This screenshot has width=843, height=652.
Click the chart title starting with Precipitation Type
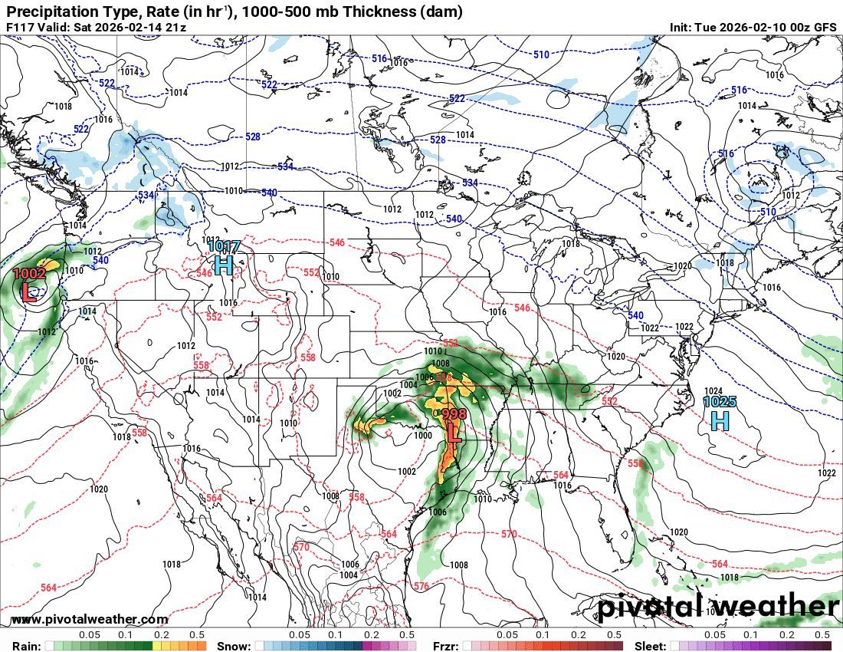(234, 12)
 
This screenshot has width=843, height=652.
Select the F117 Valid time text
(96, 28)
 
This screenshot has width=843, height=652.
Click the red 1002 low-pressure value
(29, 273)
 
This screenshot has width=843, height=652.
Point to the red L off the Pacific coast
(29, 292)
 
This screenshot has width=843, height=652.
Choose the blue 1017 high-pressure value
(225, 246)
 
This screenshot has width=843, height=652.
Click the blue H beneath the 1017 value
(224, 265)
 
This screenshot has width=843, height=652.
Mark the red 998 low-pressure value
(454, 414)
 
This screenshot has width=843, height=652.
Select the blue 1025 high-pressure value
(720, 401)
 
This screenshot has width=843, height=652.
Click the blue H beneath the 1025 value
(720, 420)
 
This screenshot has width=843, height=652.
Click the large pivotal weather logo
(719, 608)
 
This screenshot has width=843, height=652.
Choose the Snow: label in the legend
(234, 646)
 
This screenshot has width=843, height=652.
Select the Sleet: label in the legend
(651, 646)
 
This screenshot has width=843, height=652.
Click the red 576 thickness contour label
(421, 587)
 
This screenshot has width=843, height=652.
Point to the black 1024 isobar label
(713, 390)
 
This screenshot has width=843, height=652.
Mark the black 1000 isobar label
(422, 435)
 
